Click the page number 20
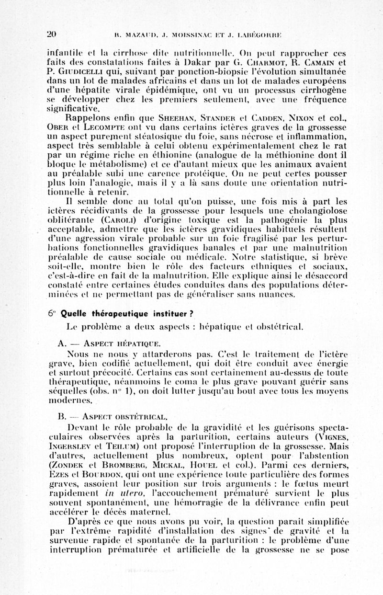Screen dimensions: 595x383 52,34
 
